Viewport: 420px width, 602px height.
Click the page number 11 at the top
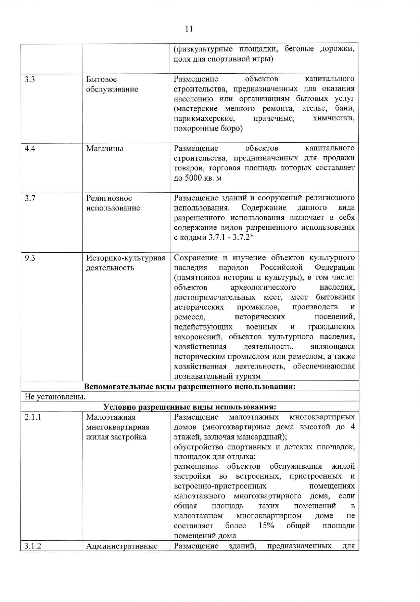point(189,29)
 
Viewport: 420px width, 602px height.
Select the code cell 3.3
point(30,80)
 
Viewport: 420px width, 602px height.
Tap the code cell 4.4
point(30,149)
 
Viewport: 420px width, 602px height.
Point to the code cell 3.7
point(30,198)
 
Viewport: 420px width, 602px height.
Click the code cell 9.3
point(30,258)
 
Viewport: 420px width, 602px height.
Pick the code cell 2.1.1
point(33,417)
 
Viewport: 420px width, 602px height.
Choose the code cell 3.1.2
point(33,546)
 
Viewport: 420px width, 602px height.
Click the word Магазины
point(105,149)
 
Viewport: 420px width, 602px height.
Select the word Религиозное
point(109,198)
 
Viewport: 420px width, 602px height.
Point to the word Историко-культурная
point(126,258)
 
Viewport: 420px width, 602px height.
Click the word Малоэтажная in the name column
point(111,417)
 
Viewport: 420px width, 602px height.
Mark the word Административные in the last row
point(122,546)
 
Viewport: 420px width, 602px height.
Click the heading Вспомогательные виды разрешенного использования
point(190,387)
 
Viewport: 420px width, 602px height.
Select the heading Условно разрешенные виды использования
point(190,407)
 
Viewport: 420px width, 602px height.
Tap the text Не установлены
point(55,397)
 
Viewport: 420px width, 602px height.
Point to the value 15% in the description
point(266,526)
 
